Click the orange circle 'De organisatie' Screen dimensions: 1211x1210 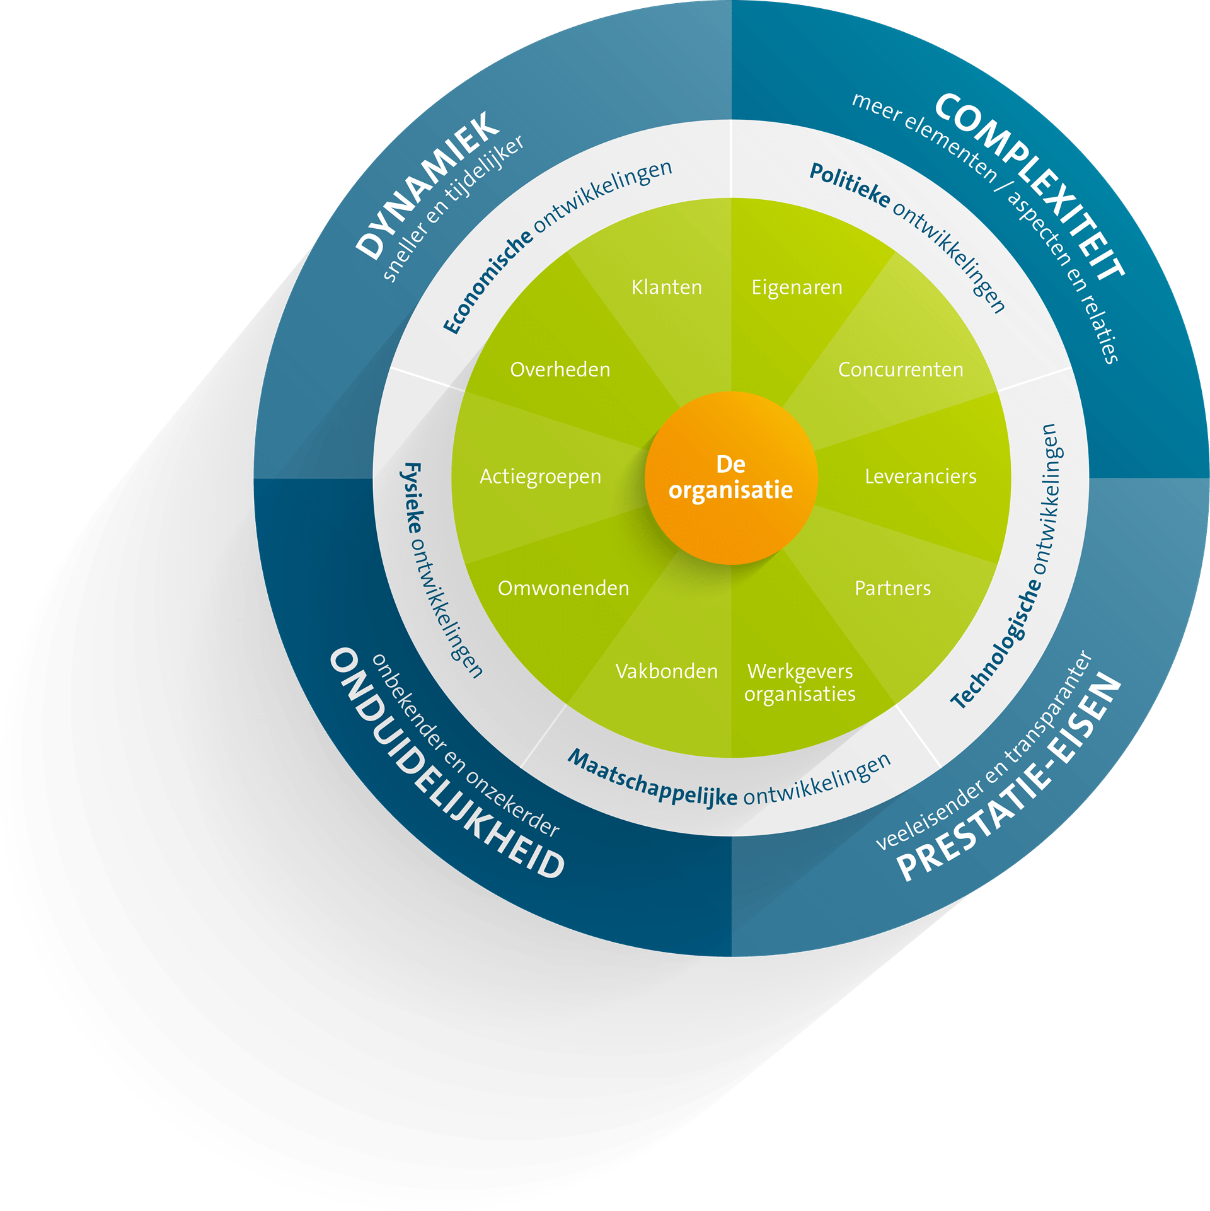click(x=731, y=477)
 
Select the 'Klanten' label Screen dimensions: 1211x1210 click(x=667, y=287)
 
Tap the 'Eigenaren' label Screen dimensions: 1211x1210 click(x=797, y=287)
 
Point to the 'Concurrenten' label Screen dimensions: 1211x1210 click(x=901, y=369)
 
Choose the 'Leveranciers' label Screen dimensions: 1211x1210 click(x=920, y=477)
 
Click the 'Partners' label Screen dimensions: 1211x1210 click(x=892, y=588)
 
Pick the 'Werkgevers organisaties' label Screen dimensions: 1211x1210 click(x=800, y=683)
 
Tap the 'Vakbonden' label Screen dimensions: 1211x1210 click(x=667, y=671)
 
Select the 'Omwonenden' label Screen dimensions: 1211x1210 click(x=563, y=588)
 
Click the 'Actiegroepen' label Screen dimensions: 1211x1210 click(x=540, y=477)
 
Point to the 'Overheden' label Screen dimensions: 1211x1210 click(x=560, y=369)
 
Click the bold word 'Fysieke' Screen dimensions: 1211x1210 click(x=413, y=498)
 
